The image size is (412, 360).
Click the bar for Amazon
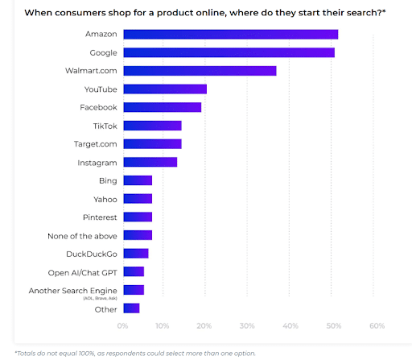(x=230, y=34)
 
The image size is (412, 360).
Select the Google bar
(x=229, y=52)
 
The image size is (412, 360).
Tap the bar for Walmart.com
(x=200, y=71)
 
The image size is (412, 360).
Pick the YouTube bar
(x=165, y=89)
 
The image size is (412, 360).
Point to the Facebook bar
(x=162, y=107)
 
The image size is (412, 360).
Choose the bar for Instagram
(x=150, y=162)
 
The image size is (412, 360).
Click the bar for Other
(x=131, y=308)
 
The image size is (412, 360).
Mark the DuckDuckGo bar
(x=135, y=253)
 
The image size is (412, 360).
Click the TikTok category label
(x=105, y=126)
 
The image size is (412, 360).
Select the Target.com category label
(x=95, y=143)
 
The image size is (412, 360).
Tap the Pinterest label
(x=99, y=217)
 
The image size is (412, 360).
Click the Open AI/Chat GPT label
(x=83, y=271)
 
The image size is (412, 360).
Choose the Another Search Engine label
(x=73, y=290)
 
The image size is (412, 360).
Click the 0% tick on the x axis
(x=122, y=326)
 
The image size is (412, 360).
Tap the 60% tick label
(x=377, y=326)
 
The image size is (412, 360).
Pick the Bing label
(x=108, y=180)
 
